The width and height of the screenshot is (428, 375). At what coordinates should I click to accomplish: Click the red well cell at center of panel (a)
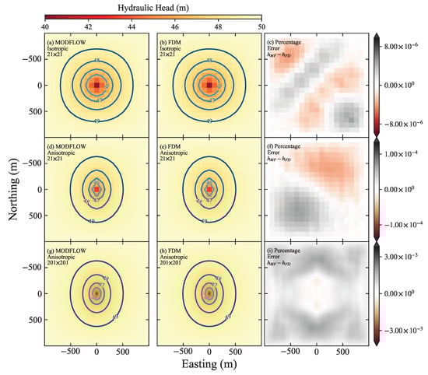[x=96, y=85]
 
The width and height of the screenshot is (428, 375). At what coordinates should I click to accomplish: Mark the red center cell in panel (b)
[x=209, y=85]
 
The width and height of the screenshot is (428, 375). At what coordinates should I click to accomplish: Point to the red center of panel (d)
[x=96, y=189]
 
